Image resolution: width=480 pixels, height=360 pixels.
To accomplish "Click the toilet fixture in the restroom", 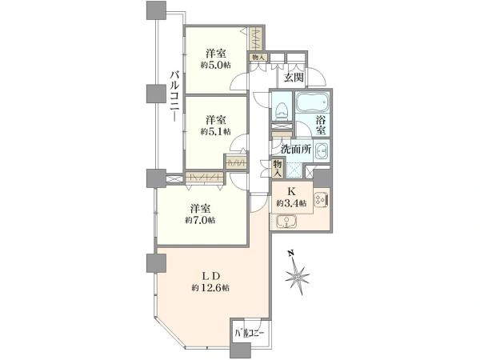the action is [x=281, y=109].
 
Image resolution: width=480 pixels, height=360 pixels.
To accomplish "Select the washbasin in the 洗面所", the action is [x=321, y=150].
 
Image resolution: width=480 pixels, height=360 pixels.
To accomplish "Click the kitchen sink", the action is [x=287, y=222].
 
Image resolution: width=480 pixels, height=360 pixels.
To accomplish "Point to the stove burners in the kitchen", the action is [x=322, y=201].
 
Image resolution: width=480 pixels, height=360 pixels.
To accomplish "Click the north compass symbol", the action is [x=297, y=274].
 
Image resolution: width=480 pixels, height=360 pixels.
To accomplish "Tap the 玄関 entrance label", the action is [x=294, y=78].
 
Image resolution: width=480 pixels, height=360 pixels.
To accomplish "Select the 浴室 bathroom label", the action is [x=321, y=124].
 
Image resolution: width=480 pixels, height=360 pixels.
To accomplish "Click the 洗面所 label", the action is [x=296, y=150].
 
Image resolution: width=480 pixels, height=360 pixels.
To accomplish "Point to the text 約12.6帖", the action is [x=211, y=288].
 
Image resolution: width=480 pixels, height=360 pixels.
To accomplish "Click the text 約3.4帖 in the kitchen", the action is [x=291, y=203].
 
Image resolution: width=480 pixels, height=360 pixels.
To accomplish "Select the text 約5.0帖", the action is [x=216, y=66].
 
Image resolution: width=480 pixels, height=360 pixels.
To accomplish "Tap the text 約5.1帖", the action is [x=216, y=131].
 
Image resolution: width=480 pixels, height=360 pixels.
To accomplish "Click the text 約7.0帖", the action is [x=200, y=220].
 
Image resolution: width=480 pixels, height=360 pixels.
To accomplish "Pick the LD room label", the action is [x=211, y=276].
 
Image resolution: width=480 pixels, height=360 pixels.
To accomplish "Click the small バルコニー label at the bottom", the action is [x=249, y=333].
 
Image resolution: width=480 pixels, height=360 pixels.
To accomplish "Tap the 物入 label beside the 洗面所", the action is [x=278, y=168].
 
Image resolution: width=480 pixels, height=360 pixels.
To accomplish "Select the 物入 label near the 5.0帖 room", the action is [x=258, y=57].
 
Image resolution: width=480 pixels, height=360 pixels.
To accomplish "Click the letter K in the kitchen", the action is [x=291, y=192].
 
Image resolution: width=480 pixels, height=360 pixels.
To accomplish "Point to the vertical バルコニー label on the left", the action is [x=174, y=95].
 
